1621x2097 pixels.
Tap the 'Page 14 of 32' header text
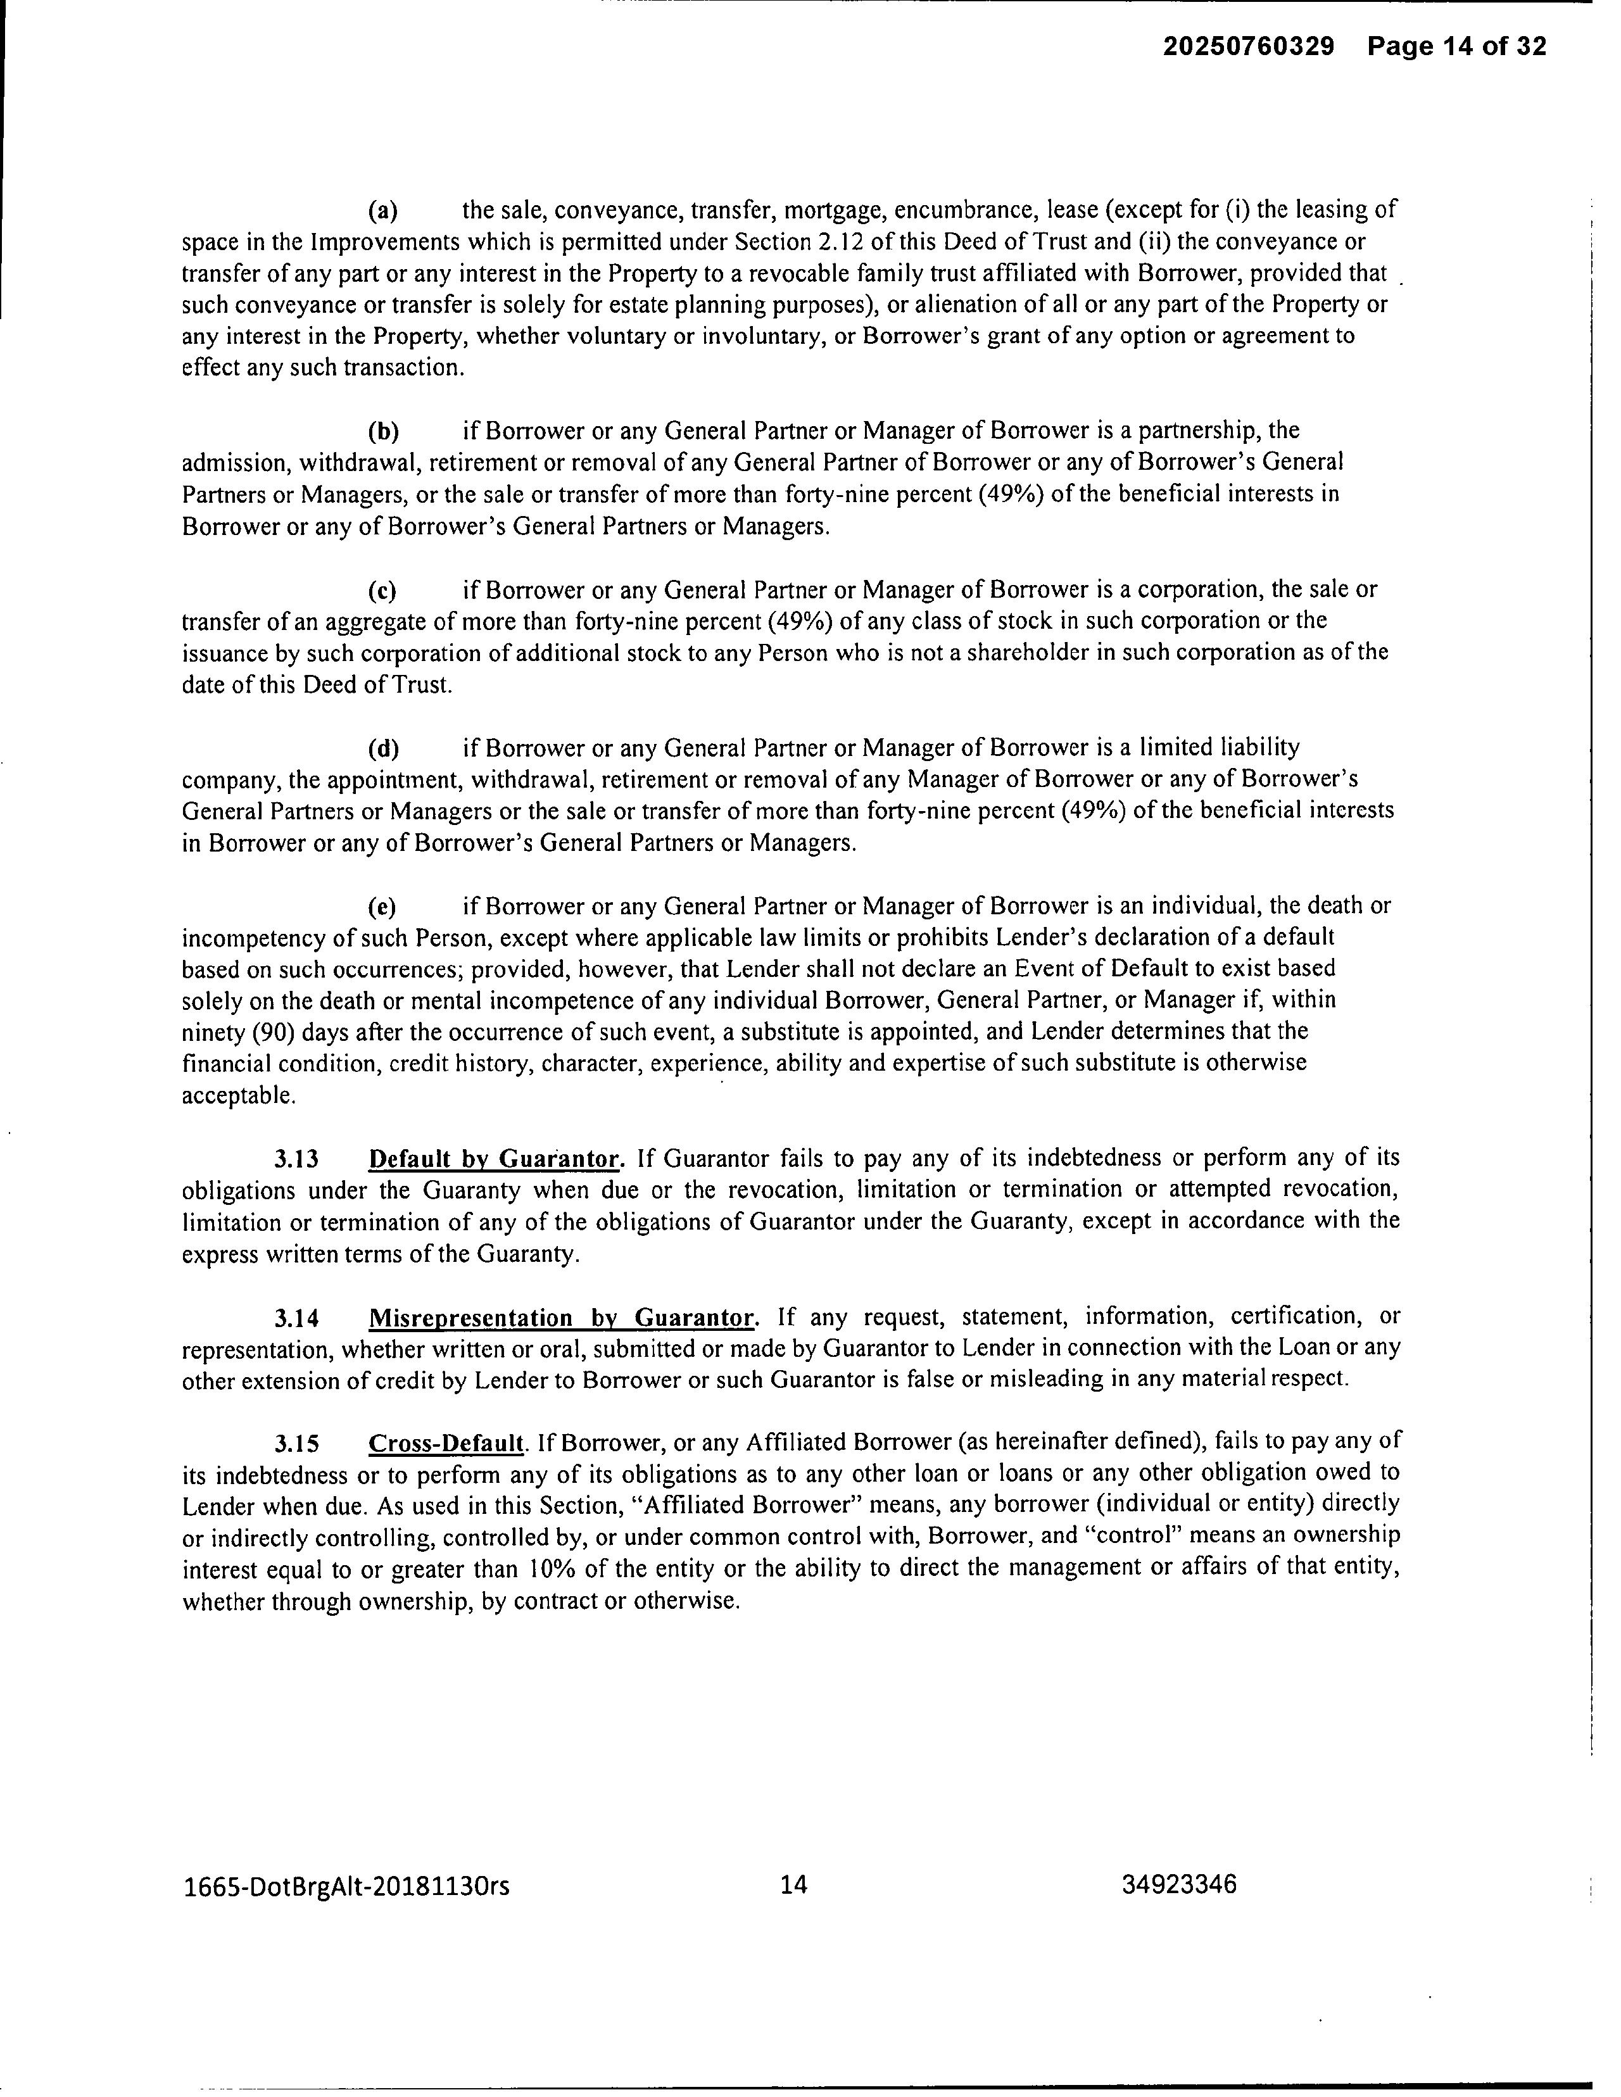click(x=1457, y=46)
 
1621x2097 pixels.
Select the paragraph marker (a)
click(x=384, y=210)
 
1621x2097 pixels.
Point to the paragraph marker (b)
click(x=384, y=430)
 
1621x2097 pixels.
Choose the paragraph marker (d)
click(x=384, y=747)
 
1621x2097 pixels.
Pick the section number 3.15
click(x=297, y=1443)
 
